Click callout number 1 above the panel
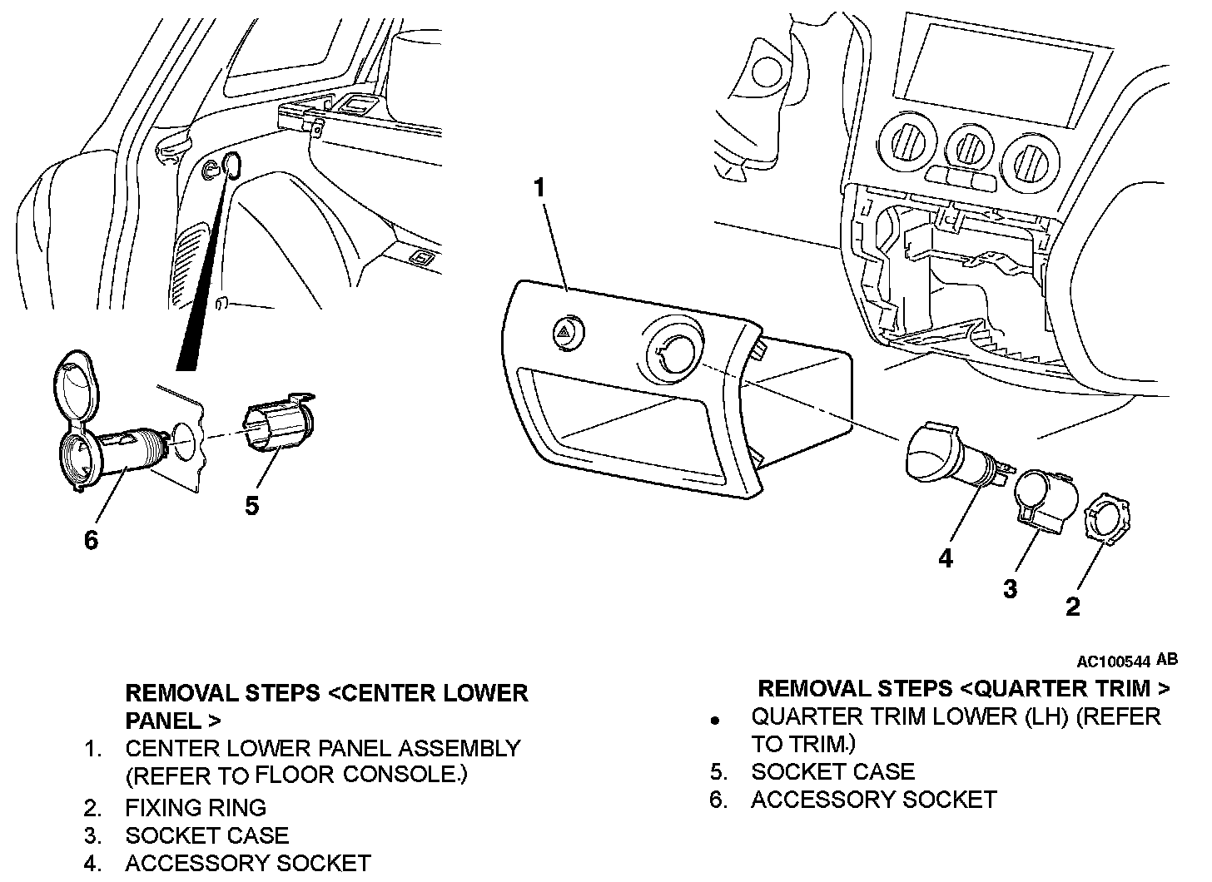click(x=539, y=188)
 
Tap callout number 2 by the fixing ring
click(x=1072, y=607)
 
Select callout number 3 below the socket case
click(x=1010, y=589)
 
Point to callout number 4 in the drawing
click(x=946, y=557)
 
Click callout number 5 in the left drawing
click(x=252, y=505)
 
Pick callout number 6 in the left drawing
click(x=91, y=540)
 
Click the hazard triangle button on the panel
click(x=569, y=335)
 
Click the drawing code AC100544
click(x=1113, y=662)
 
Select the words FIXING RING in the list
click(x=196, y=807)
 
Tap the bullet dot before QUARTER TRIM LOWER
click(x=714, y=720)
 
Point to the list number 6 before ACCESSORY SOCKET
click(x=719, y=800)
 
